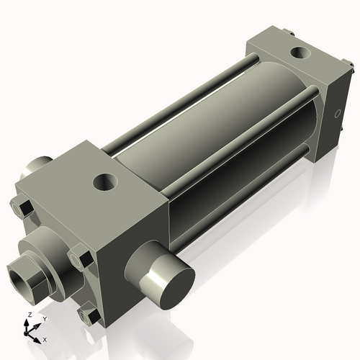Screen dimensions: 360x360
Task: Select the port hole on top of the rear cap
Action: coord(298,53)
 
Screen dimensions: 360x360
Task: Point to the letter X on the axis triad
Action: coord(45,338)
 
